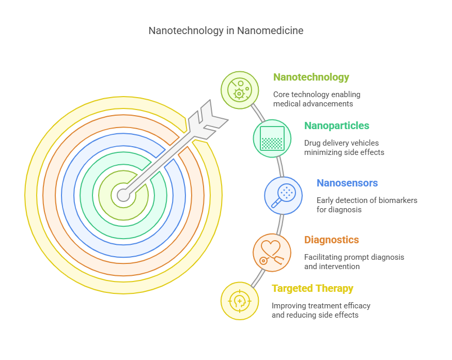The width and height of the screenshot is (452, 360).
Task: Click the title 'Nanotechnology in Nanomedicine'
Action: point(226,30)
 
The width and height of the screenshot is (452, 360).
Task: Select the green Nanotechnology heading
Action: point(311,77)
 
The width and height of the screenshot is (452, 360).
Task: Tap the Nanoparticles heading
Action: point(337,126)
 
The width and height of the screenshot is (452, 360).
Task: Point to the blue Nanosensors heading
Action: point(347,183)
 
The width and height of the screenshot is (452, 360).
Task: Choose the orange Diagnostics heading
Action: point(332,240)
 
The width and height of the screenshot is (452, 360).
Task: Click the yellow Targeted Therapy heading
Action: point(313,288)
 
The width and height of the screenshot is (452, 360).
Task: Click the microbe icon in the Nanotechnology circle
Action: point(240,90)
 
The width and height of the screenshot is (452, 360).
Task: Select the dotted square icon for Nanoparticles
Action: point(272,138)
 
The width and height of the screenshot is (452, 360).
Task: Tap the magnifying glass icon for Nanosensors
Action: point(284,196)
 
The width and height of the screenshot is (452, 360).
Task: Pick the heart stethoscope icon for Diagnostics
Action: point(272,253)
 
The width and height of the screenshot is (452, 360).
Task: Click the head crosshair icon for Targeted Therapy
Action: point(240,301)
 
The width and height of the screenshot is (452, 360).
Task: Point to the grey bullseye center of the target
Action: point(123,195)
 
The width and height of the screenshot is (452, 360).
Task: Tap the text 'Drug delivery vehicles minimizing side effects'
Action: point(344,148)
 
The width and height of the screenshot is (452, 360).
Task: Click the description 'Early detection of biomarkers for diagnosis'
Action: point(367,205)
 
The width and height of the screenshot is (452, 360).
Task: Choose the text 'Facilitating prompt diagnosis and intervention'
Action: point(354,262)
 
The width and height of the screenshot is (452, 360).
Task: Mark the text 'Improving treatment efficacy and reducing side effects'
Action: point(321,310)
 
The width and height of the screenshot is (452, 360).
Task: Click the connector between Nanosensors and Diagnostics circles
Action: point(280,225)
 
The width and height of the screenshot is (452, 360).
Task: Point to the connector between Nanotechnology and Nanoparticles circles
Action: point(258,113)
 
